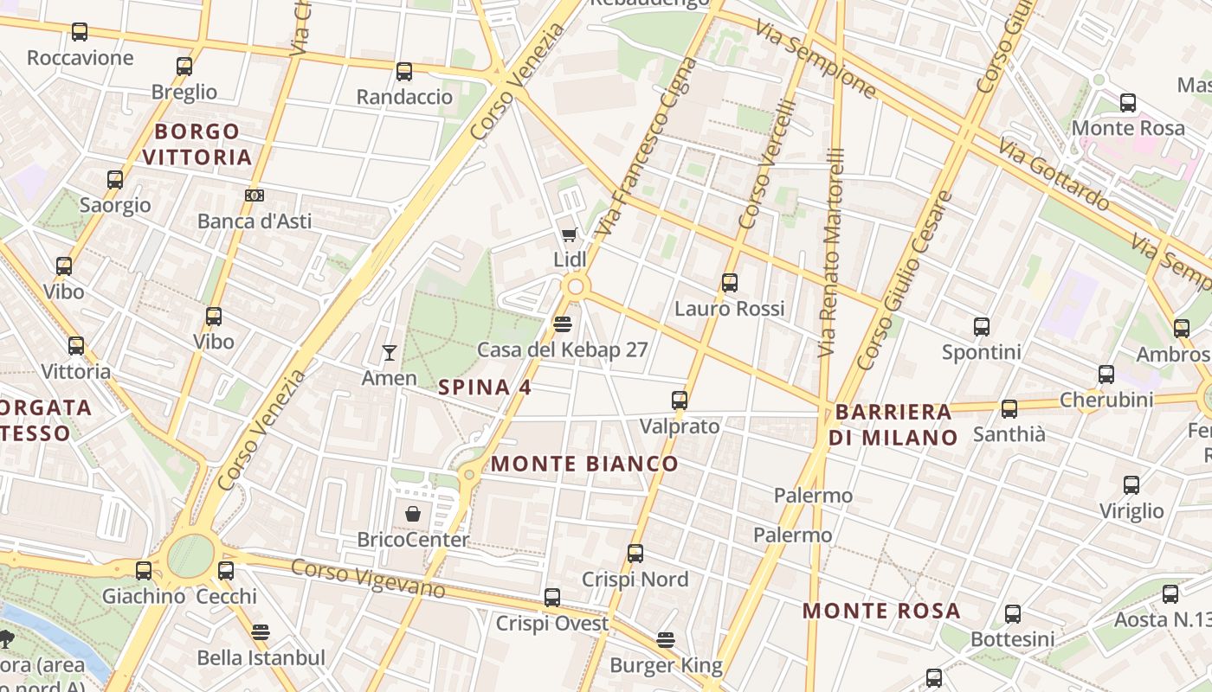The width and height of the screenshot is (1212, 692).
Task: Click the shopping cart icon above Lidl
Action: [x=569, y=234]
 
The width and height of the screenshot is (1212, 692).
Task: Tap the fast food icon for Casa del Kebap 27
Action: [x=562, y=324]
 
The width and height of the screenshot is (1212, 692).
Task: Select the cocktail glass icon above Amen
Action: [x=390, y=352]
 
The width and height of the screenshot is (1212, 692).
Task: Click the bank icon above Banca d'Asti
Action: [x=254, y=195]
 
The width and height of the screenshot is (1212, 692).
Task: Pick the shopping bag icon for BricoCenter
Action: [x=413, y=514]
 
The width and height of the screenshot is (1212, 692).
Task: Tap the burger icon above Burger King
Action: [x=665, y=640]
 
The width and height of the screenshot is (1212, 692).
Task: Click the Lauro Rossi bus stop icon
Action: [x=729, y=283]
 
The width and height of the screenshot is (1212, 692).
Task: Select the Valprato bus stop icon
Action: [x=680, y=400]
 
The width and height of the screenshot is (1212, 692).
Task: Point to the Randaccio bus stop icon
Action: [x=404, y=72]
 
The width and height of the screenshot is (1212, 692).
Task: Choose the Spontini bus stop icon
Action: [x=981, y=327]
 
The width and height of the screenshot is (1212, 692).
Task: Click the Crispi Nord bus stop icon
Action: [x=635, y=554]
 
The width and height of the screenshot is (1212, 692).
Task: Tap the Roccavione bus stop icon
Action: [x=80, y=33]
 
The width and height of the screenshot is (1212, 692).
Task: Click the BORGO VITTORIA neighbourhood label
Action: [x=197, y=144]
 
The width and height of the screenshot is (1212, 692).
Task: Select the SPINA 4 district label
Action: [x=485, y=388]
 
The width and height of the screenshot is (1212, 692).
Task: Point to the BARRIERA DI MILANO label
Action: [x=893, y=425]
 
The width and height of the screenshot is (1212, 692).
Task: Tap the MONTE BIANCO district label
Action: [x=584, y=464]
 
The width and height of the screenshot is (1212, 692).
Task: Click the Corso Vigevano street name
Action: [x=368, y=580]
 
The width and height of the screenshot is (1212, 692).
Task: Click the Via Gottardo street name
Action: [x=1052, y=173]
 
